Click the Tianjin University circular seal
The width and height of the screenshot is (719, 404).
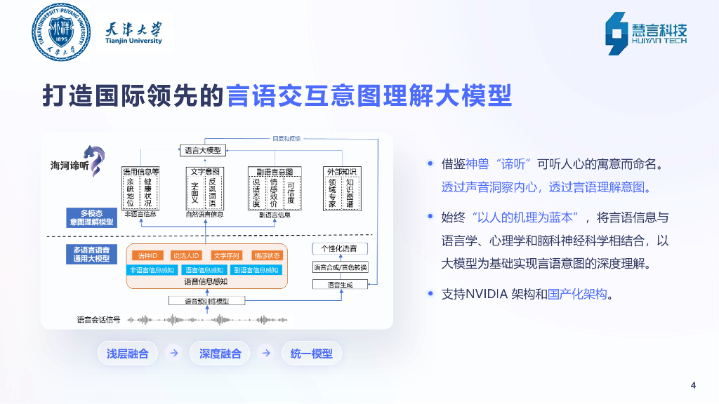(61, 32)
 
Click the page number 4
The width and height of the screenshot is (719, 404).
(693, 384)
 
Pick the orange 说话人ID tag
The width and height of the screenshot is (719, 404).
(187, 255)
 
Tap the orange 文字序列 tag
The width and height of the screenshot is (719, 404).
(227, 255)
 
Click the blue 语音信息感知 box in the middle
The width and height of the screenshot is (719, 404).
(206, 270)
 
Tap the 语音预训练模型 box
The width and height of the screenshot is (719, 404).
(206, 301)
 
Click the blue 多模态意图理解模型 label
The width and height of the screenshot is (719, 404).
(92, 217)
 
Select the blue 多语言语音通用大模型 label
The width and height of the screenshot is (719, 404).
(92, 254)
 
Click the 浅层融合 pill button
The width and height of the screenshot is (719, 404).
(128, 353)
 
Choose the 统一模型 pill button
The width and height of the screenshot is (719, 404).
(312, 353)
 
